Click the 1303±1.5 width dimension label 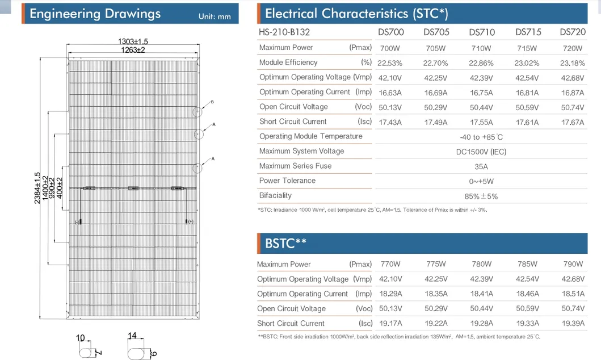(133, 41)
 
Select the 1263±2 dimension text (133, 50)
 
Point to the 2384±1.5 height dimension (37, 188)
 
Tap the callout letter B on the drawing (212, 102)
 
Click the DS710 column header (482, 32)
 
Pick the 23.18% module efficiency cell (572, 63)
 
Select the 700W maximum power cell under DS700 (390, 48)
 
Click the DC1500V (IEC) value (481, 152)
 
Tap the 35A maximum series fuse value (481, 167)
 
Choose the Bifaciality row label (275, 195)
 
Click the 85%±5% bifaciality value (481, 196)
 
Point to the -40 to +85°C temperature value (481, 137)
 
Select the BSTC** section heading (285, 243)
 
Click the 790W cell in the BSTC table (573, 264)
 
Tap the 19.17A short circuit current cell (390, 324)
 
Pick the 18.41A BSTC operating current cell (481, 294)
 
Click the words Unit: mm (215, 16)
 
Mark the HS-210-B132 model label (284, 32)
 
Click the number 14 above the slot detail (132, 336)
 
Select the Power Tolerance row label (288, 181)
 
